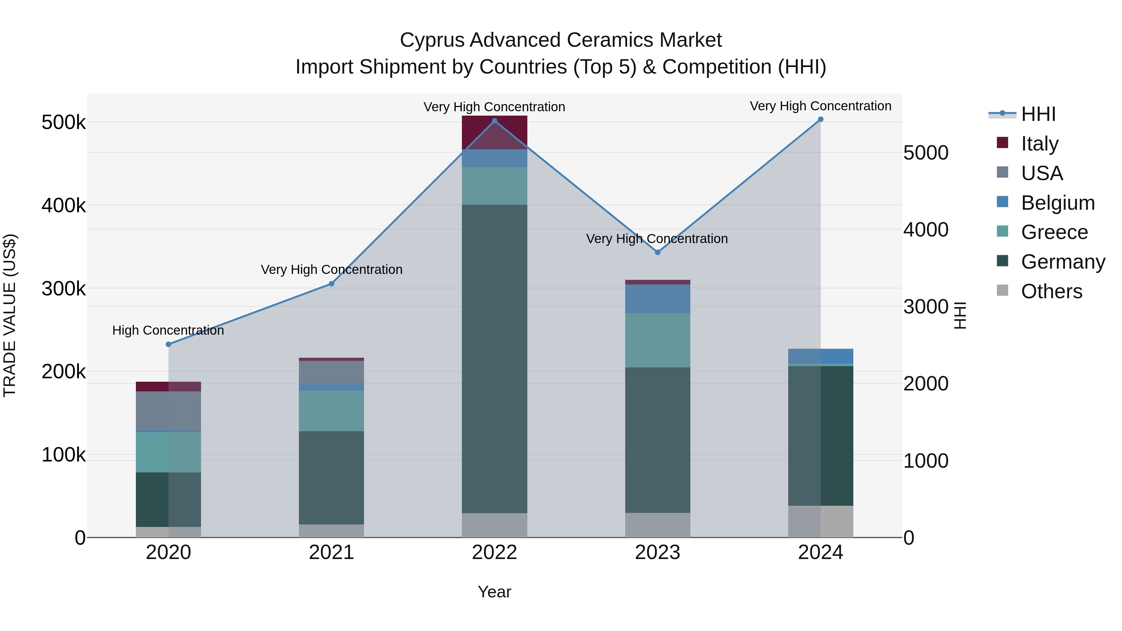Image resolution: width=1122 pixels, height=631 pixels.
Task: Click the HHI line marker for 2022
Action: (494, 121)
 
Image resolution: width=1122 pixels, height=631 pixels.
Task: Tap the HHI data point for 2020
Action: (169, 344)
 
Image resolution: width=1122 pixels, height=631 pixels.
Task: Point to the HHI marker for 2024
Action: (821, 119)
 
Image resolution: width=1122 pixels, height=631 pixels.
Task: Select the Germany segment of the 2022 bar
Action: (494, 359)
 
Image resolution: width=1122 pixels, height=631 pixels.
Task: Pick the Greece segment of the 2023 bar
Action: (658, 340)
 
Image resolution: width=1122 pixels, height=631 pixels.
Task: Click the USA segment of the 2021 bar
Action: (332, 372)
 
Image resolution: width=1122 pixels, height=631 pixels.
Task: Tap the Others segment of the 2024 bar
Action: (821, 521)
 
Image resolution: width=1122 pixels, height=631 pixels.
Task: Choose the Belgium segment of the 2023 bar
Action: (658, 299)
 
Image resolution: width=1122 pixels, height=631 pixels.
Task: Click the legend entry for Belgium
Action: (1057, 203)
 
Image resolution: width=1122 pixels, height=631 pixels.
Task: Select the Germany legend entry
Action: (1063, 262)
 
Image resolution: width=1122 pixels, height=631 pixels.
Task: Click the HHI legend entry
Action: (1038, 114)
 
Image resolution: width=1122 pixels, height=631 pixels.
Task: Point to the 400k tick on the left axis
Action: (64, 206)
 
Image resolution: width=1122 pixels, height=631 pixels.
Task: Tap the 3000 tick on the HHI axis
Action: (926, 307)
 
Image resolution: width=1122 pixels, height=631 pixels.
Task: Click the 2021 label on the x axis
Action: (332, 552)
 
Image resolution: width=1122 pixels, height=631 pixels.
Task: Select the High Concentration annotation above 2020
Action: (168, 331)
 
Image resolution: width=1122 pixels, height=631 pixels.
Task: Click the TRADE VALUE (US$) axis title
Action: (10, 315)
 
